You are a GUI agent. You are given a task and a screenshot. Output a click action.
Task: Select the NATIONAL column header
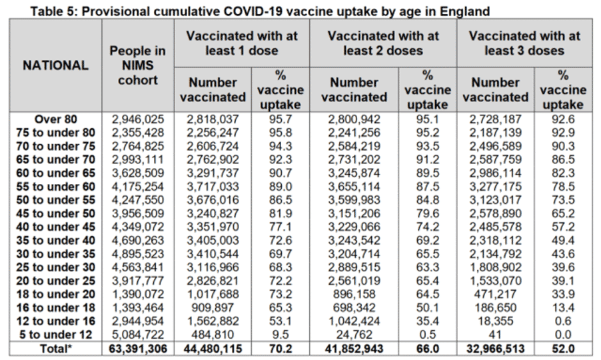pos(56,65)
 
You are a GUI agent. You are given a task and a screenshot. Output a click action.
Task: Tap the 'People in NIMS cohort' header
pos(138,65)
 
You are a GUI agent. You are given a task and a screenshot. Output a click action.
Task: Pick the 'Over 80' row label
pos(56,119)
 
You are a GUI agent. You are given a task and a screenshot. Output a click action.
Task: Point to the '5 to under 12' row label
pos(56,335)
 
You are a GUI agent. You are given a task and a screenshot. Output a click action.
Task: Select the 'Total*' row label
pos(56,349)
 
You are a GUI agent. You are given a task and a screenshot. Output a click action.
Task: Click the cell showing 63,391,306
pos(138,349)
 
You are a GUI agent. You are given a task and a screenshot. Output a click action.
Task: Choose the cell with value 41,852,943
pos(354,349)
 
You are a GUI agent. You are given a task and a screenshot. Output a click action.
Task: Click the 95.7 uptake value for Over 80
pos(280,119)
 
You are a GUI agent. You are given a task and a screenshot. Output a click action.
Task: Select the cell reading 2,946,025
pos(138,119)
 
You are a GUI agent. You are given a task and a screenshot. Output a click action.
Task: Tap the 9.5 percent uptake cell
pos(280,335)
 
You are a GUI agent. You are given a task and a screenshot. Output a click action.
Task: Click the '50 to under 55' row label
pos(56,200)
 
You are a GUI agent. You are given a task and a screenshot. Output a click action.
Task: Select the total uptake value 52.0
pos(563,349)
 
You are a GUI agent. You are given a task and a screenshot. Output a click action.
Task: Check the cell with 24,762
pos(354,335)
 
